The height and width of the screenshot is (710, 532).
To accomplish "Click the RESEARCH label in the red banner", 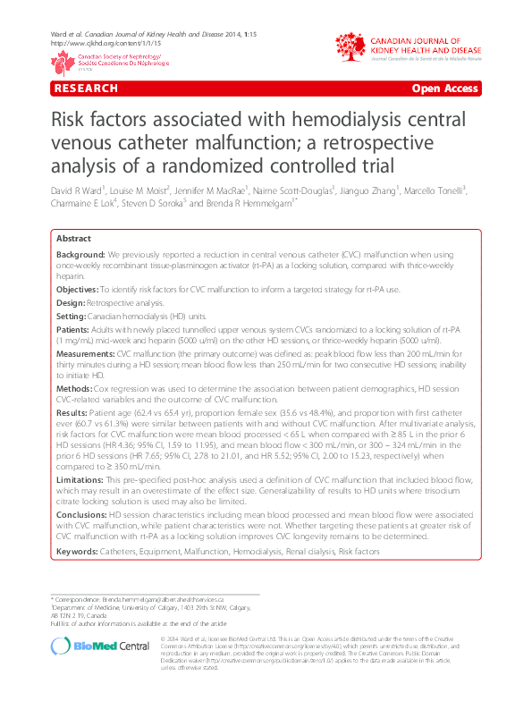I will [86, 89].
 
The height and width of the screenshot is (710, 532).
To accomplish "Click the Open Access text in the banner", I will [445, 89].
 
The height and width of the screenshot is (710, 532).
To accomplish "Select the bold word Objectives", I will [77, 291].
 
